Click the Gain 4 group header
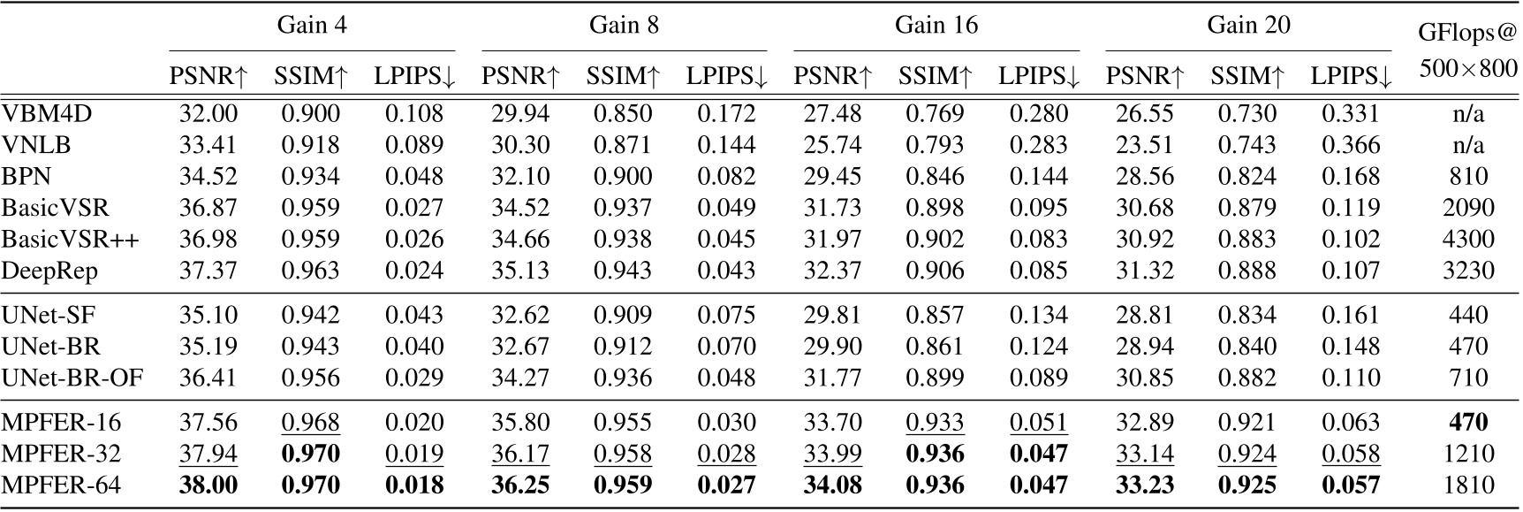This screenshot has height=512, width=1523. click(312, 25)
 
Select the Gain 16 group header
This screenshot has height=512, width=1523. click(936, 25)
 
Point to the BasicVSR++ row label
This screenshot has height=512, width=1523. click(70, 240)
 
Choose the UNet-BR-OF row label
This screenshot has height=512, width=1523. click(72, 378)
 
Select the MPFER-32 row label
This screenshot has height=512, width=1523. click(61, 454)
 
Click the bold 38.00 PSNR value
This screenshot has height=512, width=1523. click(208, 485)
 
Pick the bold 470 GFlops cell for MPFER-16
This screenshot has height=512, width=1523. click(1467, 423)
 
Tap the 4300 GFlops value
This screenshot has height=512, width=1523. click(1467, 240)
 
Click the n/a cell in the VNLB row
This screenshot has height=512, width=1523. click(1467, 145)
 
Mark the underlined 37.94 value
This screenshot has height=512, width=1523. click(208, 454)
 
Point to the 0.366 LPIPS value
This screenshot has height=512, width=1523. click(1351, 145)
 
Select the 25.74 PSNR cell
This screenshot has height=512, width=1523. click(832, 145)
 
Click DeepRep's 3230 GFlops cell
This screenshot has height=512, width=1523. click(1467, 271)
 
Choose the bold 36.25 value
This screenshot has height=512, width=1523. click(520, 485)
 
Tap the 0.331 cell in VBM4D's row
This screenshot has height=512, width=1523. click(1351, 113)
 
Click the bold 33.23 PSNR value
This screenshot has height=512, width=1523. click(1145, 485)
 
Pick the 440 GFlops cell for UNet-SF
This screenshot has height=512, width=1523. click(1467, 316)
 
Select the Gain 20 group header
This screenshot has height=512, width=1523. click(1248, 25)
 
